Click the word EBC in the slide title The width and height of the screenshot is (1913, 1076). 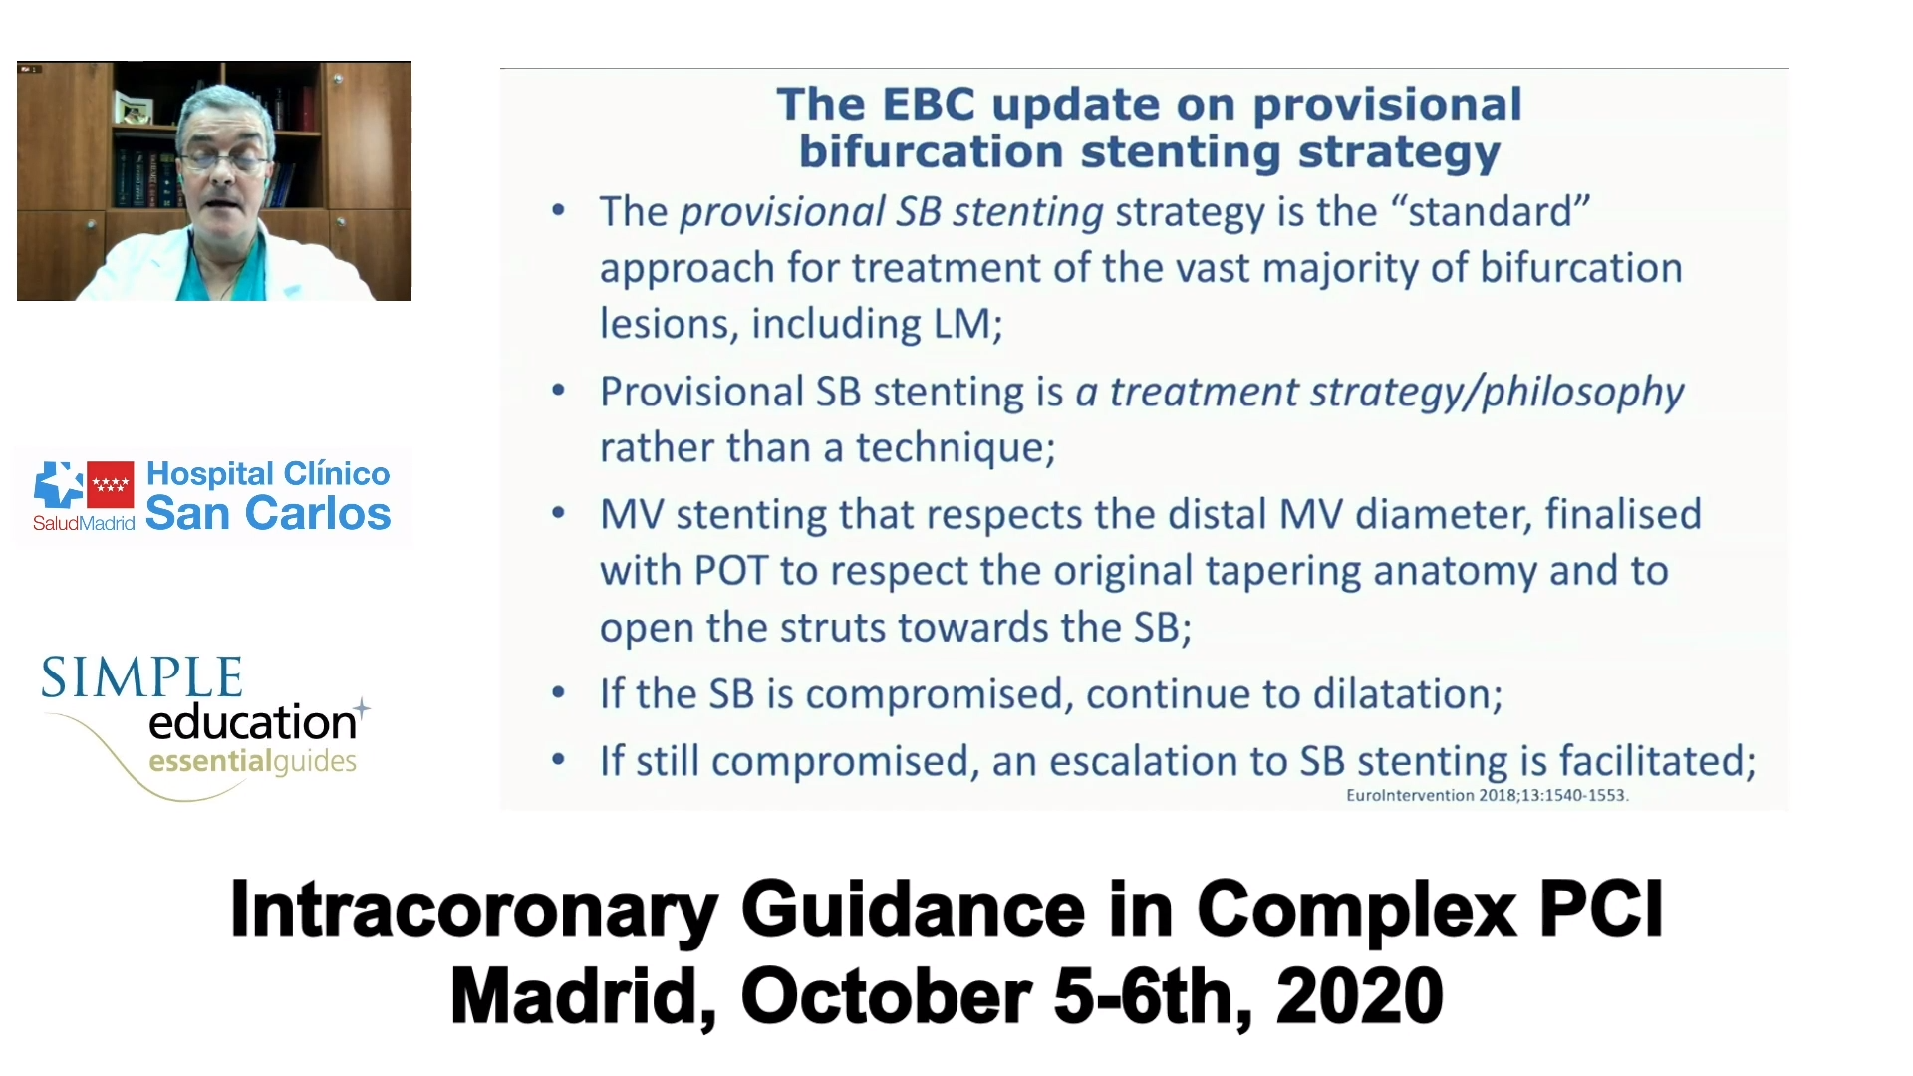coord(929,104)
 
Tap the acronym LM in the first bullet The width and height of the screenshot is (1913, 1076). coord(962,324)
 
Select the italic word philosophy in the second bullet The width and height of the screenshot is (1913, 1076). coord(1582,393)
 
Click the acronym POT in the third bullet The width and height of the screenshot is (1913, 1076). coord(731,571)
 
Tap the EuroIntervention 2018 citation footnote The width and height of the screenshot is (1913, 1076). coord(1487,795)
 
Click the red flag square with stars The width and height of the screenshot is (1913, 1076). coord(111,485)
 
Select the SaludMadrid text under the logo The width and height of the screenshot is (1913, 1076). coord(84,523)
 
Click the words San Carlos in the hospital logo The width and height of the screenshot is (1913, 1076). coord(268,514)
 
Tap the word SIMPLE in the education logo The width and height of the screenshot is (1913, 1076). coord(141,677)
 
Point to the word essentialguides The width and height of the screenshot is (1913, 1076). coord(252,762)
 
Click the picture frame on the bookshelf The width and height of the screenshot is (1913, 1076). coord(134,107)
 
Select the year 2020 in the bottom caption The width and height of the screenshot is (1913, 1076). coord(1359,996)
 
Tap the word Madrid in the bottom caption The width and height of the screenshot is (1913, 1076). coord(583,996)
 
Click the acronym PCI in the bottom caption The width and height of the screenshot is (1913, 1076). coord(1601,909)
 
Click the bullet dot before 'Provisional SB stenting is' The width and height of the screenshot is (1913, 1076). coord(559,391)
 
